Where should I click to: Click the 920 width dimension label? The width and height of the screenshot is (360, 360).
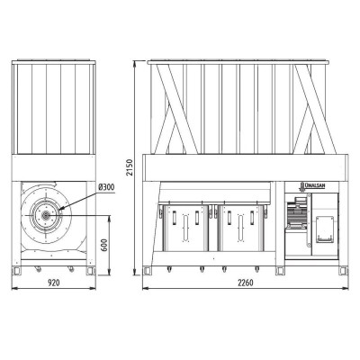click(54, 283)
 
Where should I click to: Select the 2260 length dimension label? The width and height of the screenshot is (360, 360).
click(246, 283)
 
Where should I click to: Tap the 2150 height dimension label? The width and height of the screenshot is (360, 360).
click(130, 167)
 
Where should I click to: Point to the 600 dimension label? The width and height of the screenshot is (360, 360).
click(104, 245)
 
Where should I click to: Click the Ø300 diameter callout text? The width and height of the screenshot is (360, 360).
click(106, 187)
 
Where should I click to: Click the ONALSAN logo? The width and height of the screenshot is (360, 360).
click(313, 186)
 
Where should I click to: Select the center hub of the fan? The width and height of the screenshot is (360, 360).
click(46, 215)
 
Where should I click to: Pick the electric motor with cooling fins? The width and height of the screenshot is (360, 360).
click(296, 213)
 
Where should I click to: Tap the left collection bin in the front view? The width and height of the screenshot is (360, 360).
click(185, 228)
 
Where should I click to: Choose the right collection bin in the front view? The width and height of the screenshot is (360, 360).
click(241, 228)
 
